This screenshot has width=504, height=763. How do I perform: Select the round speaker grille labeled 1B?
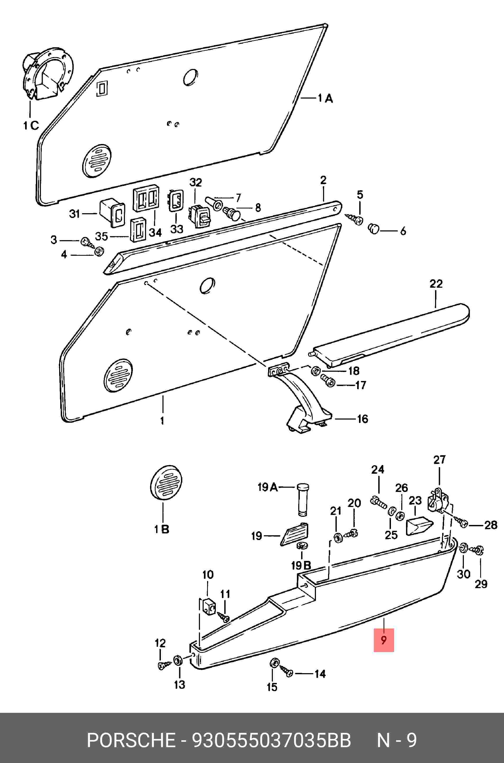(166, 482)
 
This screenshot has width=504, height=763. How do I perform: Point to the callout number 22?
(436, 284)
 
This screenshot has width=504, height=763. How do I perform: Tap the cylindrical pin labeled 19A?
(302, 499)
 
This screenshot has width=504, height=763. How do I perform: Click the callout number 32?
(195, 183)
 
